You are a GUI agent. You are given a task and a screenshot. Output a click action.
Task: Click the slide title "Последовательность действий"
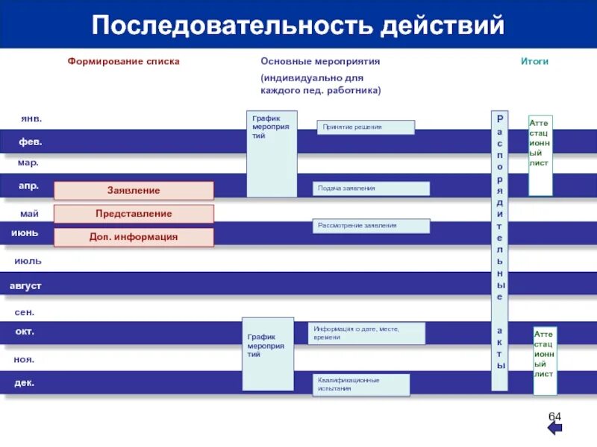298,27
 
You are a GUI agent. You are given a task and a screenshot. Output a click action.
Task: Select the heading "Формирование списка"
124,61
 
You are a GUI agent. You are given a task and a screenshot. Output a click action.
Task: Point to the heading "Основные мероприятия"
320,61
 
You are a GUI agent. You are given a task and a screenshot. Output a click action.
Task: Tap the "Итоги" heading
534,61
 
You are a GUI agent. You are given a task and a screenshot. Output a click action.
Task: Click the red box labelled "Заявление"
134,191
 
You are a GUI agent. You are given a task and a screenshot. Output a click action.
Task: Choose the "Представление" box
134,214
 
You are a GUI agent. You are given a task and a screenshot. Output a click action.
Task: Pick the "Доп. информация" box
134,237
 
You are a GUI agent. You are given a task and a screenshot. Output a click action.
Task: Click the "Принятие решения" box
366,127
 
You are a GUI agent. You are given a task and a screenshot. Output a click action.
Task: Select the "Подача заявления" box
371,188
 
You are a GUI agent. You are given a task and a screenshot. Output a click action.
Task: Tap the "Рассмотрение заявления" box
371,226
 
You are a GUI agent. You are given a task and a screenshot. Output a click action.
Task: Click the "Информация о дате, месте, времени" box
366,333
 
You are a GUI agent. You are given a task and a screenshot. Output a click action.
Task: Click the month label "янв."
31,118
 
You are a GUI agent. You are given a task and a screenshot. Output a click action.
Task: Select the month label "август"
25,286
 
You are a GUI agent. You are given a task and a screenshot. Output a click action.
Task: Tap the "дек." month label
25,383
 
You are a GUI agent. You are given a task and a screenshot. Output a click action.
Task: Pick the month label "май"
29,214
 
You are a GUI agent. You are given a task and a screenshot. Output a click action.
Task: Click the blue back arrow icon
555,429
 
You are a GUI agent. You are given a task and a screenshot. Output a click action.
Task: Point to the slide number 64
555,415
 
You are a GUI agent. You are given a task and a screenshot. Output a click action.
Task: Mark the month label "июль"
28,261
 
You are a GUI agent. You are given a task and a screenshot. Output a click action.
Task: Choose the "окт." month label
25,332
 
